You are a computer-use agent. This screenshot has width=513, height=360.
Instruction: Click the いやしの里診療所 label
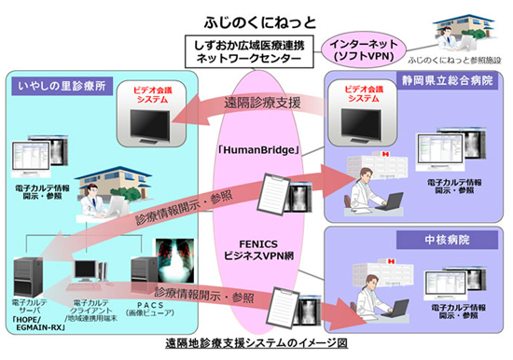(56, 86)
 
